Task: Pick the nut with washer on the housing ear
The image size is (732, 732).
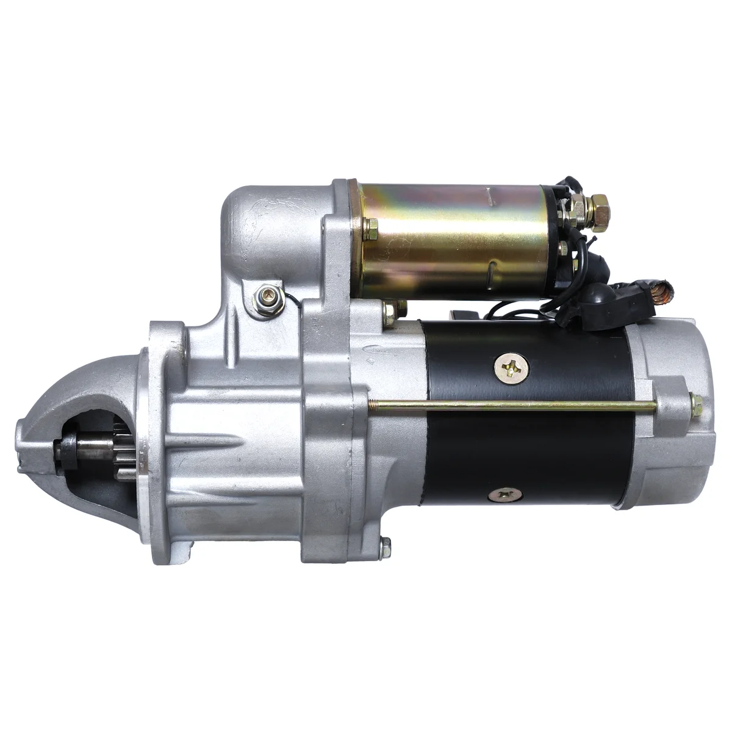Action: tap(266, 297)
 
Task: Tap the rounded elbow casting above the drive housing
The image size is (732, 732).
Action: tap(256, 220)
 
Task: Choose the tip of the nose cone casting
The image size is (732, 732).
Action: tap(24, 445)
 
